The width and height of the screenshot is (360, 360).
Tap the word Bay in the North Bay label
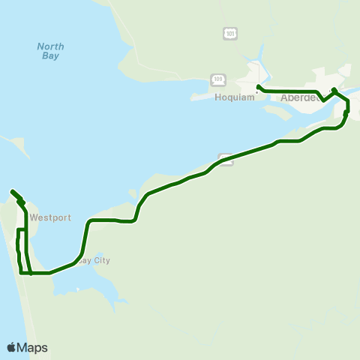click(x=50, y=56)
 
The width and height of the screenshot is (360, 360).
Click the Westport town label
click(x=50, y=218)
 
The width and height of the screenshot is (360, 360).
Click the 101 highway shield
click(x=229, y=33)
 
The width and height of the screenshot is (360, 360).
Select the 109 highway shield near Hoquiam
click(x=218, y=79)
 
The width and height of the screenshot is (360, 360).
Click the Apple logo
click(x=12, y=347)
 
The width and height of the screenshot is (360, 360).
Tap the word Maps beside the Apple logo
click(x=32, y=347)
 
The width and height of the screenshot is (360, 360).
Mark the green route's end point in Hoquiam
click(x=258, y=87)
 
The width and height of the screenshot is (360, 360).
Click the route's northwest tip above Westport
click(x=13, y=193)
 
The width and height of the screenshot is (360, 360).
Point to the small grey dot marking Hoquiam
click(x=256, y=94)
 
